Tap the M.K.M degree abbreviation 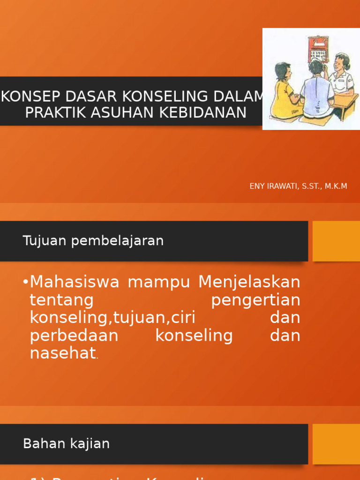(335, 187)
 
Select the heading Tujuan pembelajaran (93, 241)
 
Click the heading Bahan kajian (66, 443)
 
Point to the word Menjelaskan (249, 282)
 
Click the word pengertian (255, 300)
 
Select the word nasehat (63, 353)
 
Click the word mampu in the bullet (159, 283)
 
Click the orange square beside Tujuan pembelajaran (336, 241)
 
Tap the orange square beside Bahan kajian (336, 443)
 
